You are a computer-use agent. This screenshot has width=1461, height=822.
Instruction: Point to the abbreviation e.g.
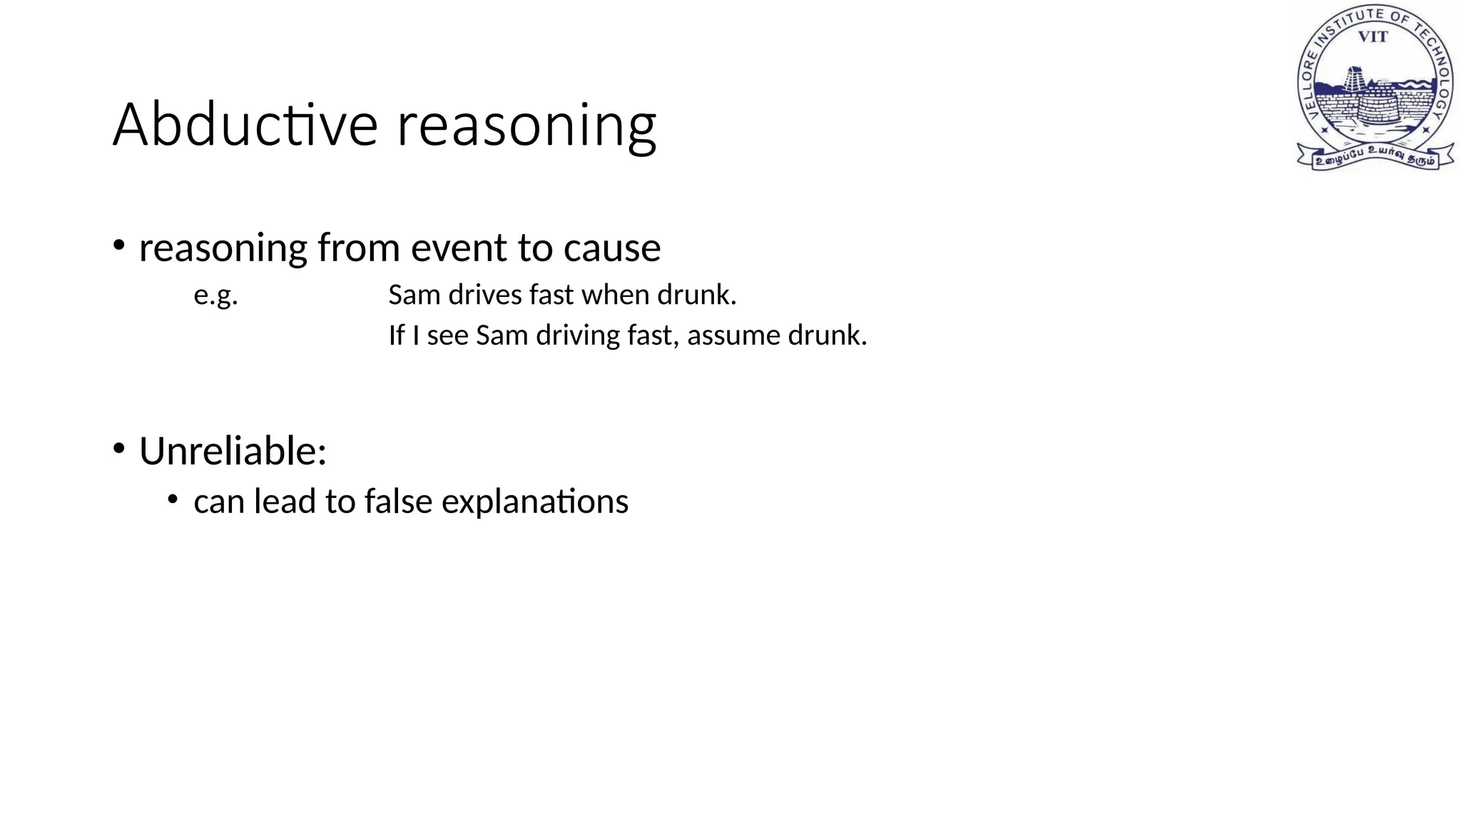click(215, 295)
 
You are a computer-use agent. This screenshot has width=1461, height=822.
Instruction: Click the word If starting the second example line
click(396, 335)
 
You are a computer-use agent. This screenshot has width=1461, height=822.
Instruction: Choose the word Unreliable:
click(233, 451)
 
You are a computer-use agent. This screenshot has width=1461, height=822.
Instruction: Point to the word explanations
click(535, 502)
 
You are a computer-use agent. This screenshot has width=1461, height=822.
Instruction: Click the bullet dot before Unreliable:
click(119, 449)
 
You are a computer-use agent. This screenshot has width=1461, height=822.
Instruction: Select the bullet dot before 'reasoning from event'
click(119, 245)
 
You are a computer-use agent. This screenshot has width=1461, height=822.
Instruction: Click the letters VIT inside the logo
click(1372, 37)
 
